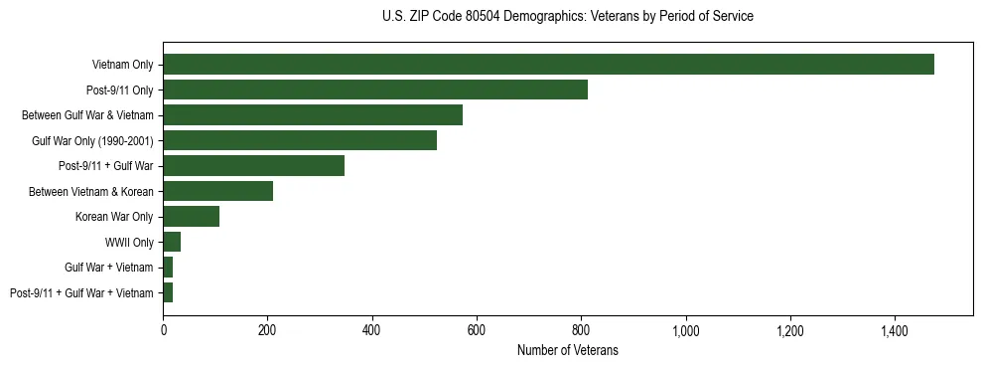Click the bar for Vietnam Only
[x=548, y=65]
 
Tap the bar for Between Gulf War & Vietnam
[x=313, y=115]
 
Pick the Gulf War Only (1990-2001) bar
[x=300, y=140]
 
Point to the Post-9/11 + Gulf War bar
[x=254, y=166]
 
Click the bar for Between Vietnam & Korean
[x=218, y=191]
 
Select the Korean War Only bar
[x=192, y=217]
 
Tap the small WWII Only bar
[x=172, y=242]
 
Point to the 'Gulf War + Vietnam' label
[x=109, y=268]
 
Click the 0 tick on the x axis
[x=164, y=329]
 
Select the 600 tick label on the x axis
[x=477, y=329]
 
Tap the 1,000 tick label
[x=686, y=329]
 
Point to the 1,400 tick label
[x=895, y=329]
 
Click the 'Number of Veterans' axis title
[x=568, y=350]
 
